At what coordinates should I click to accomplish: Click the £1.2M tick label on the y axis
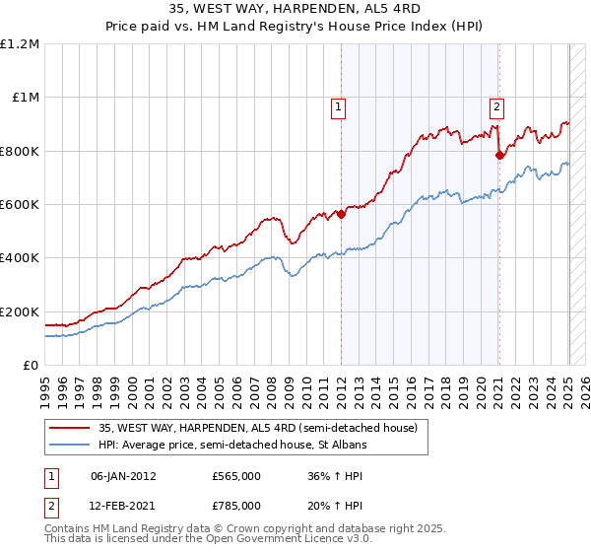(20, 44)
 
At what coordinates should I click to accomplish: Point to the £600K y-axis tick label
(20, 205)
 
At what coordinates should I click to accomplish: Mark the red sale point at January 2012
(341, 214)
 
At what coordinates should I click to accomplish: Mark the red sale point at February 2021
(499, 155)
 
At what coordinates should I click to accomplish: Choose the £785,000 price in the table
(236, 505)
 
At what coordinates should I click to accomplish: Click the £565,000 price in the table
(236, 476)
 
